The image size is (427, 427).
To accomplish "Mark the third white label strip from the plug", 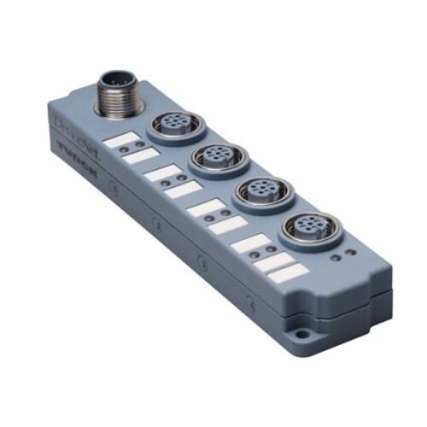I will pos(158,173).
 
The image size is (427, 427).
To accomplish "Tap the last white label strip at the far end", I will pos(286,272).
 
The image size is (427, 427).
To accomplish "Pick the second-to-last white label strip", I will pos(272,260).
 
